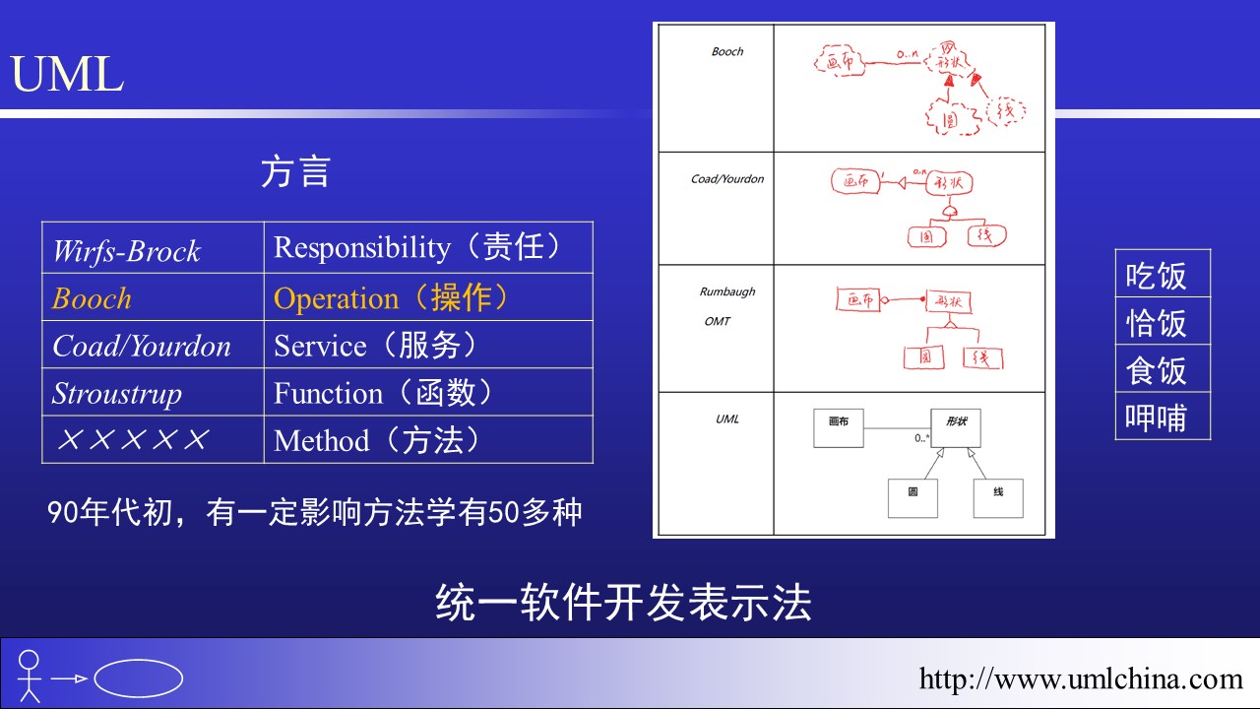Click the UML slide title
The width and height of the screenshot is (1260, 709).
coord(67,75)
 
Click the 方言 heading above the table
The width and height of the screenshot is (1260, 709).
coord(294,171)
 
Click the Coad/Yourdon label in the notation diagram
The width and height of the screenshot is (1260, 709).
coord(726,179)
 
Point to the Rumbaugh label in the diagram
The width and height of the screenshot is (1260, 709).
coord(726,291)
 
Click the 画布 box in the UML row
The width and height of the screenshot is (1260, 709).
coord(839,427)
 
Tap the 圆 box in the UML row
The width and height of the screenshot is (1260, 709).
coord(913,497)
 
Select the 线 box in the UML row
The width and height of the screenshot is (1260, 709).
coord(998,497)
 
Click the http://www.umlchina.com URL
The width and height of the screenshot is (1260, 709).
coord(1081,678)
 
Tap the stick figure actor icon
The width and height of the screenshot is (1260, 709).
coord(30,676)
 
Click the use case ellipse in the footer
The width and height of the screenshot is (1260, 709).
coord(138,677)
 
